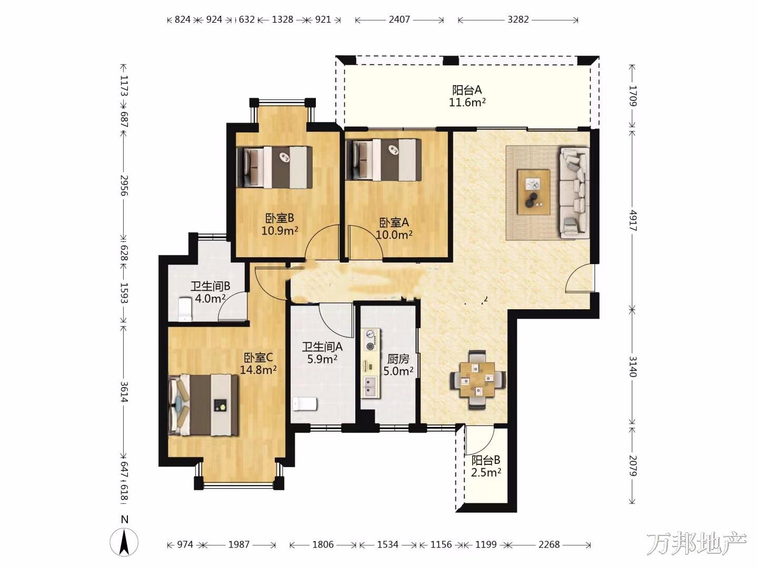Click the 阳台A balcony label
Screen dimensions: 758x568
(x=467, y=90)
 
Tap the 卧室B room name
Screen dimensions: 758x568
(x=280, y=218)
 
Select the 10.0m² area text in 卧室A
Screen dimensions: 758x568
(x=394, y=235)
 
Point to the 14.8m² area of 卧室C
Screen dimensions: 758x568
(x=258, y=370)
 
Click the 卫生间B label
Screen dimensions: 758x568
(x=211, y=286)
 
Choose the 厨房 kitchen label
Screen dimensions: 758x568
(x=398, y=359)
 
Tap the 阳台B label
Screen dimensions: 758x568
(x=486, y=460)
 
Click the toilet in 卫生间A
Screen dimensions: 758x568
(x=305, y=404)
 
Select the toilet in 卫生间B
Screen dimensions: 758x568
(x=185, y=309)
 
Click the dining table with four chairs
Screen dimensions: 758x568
(x=478, y=380)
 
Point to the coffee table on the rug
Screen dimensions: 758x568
(x=534, y=192)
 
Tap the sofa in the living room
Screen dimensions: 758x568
(x=574, y=193)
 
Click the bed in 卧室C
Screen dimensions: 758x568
(x=203, y=405)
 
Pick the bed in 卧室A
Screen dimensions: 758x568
(x=383, y=160)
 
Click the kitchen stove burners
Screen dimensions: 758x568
(x=371, y=340)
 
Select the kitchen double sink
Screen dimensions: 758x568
(x=370, y=387)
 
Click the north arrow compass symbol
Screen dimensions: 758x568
(x=124, y=542)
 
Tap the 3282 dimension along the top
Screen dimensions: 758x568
(x=518, y=19)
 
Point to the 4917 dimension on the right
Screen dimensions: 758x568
(x=632, y=220)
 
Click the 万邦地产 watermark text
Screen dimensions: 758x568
(x=696, y=543)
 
